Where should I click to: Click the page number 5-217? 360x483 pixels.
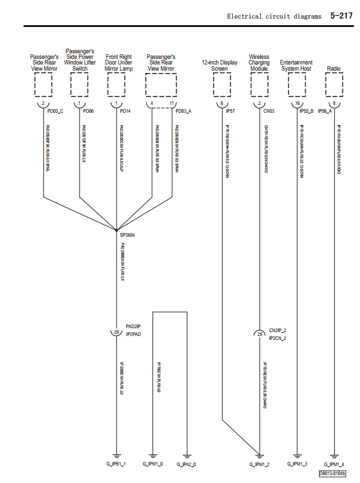click(341, 16)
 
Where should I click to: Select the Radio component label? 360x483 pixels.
click(334, 68)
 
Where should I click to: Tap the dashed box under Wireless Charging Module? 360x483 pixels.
click(259, 85)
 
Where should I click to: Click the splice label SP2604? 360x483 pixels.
click(127, 235)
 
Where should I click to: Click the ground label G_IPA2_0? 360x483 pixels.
click(187, 464)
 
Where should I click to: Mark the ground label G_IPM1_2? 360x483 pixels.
click(260, 464)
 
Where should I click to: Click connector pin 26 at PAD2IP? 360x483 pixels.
click(117, 332)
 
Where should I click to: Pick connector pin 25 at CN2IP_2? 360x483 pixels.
click(259, 334)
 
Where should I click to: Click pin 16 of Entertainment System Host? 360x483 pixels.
click(297, 104)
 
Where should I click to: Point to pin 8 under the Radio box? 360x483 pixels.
click(334, 104)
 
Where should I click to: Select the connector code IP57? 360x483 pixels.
click(230, 112)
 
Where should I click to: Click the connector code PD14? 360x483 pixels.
click(125, 112)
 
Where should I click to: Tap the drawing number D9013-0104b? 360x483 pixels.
click(333, 473)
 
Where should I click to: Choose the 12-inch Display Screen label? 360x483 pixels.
click(220, 66)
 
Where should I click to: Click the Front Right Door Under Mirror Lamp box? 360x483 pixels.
click(117, 85)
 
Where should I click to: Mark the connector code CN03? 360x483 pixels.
click(268, 112)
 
